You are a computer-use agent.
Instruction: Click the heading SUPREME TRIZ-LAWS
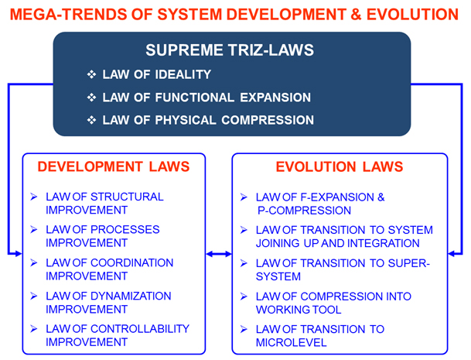(x=230, y=50)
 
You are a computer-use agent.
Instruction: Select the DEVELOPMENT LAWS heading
(x=114, y=166)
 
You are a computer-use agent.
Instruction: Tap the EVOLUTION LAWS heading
(x=340, y=166)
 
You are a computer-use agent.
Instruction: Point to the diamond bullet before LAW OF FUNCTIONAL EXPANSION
(x=91, y=98)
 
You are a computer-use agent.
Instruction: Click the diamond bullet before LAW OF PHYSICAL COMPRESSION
(x=91, y=120)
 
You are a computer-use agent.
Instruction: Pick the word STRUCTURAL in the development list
(x=127, y=197)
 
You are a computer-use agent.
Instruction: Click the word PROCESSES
(x=125, y=230)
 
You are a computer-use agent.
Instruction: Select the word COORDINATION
(x=132, y=263)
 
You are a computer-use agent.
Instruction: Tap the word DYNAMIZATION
(x=131, y=296)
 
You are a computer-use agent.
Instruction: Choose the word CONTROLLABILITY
(x=140, y=329)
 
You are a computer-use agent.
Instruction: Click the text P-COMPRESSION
(x=304, y=211)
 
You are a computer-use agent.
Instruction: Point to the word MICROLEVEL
(x=291, y=342)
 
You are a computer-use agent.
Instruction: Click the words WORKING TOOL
(x=299, y=310)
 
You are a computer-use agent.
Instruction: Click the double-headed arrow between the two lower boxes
(x=219, y=254)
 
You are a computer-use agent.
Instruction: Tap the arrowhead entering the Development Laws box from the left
(x=19, y=254)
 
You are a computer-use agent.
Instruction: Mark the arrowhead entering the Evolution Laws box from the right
(x=452, y=254)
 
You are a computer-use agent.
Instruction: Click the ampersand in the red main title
(x=356, y=15)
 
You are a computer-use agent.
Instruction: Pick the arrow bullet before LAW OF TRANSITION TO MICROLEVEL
(x=244, y=329)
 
